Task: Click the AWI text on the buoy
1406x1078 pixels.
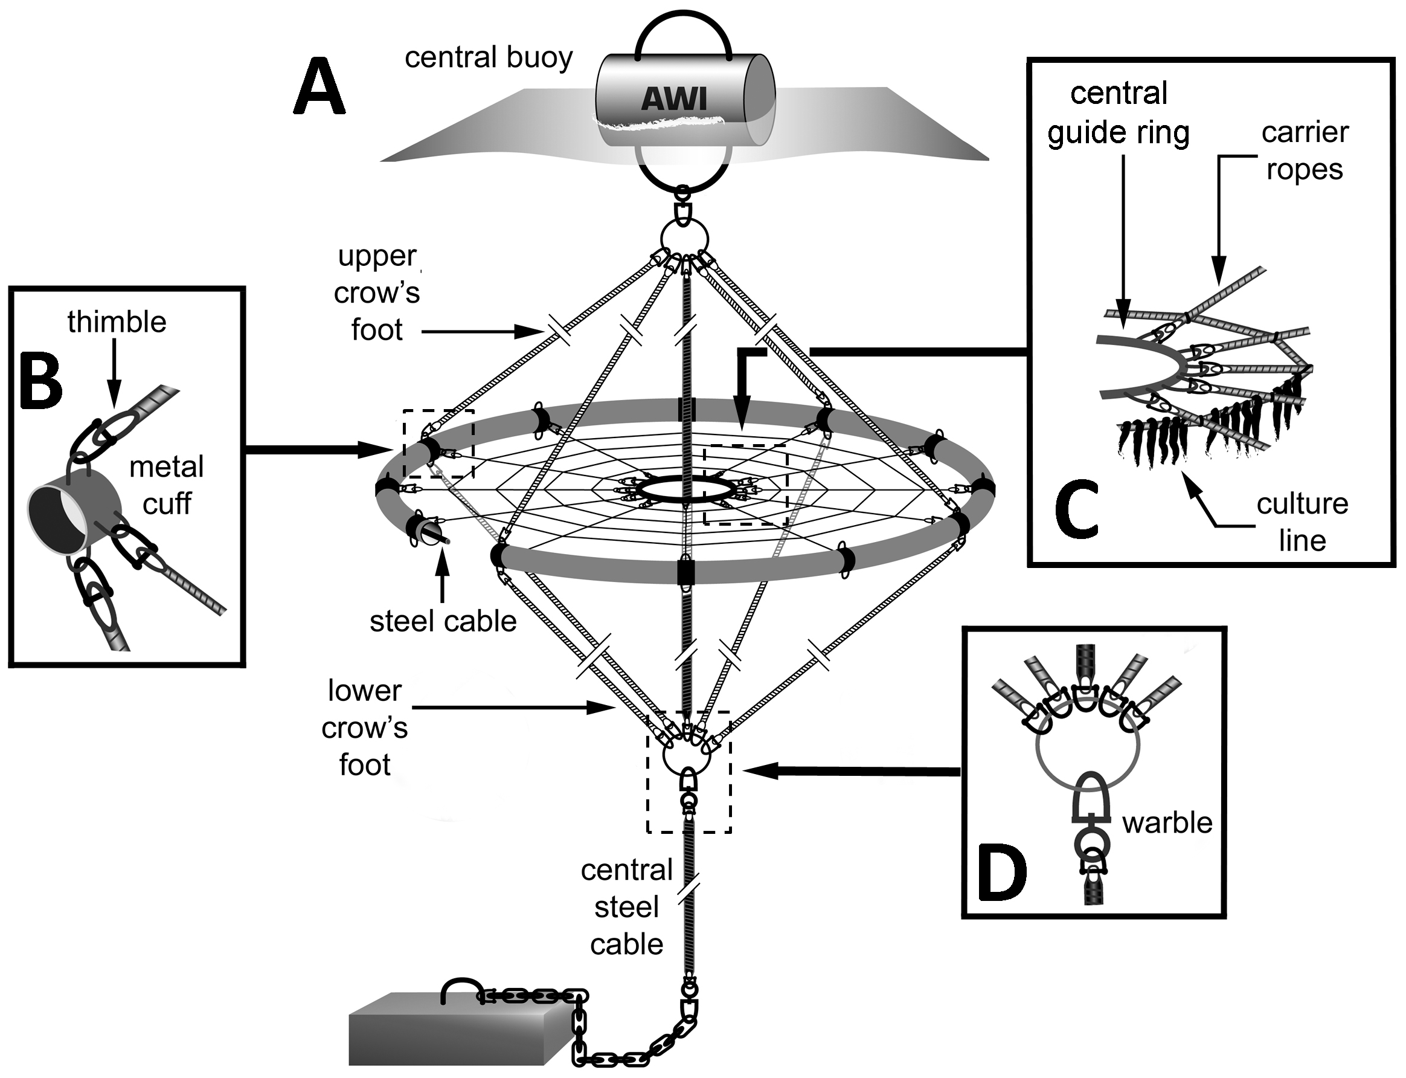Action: click(x=673, y=100)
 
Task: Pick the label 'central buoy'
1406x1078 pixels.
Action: click(x=488, y=58)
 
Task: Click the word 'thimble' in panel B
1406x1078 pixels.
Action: click(x=117, y=322)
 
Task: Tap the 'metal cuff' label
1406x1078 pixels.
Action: click(x=166, y=485)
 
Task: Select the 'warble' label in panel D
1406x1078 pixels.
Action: click(x=1167, y=822)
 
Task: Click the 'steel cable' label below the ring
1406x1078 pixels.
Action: click(x=443, y=621)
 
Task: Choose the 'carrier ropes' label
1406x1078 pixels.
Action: click(x=1305, y=151)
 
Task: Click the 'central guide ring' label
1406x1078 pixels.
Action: click(x=1118, y=113)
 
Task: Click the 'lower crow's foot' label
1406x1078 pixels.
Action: click(x=364, y=728)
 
